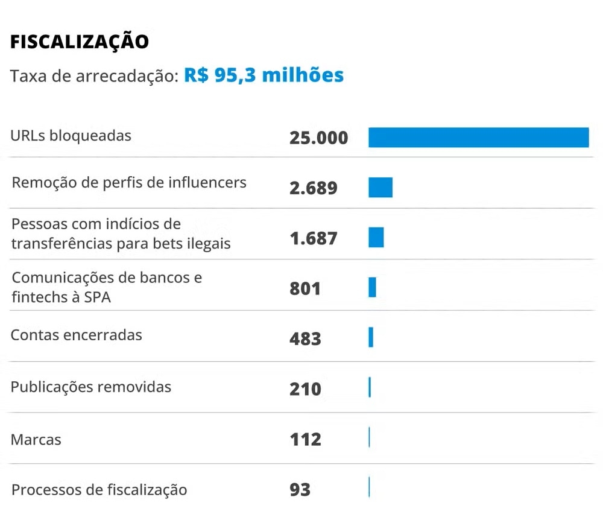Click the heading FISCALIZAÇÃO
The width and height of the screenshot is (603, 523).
(80, 41)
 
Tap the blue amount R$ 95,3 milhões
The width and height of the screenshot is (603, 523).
(264, 75)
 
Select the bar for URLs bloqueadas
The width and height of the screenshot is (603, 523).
(478, 138)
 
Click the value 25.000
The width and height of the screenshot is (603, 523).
(318, 138)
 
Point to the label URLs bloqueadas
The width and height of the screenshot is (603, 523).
(71, 136)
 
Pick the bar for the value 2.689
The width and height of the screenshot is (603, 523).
(380, 188)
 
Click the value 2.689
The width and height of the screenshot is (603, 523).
(313, 188)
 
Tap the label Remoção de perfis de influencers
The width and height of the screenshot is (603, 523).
(129, 182)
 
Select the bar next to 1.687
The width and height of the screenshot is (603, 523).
(376, 238)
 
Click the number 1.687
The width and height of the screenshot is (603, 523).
(313, 238)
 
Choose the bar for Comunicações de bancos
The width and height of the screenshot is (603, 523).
(372, 288)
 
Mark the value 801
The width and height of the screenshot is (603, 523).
(305, 289)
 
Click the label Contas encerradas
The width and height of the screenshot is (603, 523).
(77, 335)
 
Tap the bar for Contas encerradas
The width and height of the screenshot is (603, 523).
(371, 337)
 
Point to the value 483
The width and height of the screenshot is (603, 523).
(305, 339)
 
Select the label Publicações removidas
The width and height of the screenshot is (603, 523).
(91, 387)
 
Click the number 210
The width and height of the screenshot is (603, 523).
(305, 389)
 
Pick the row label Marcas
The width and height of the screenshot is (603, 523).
(36, 440)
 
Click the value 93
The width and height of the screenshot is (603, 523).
(300, 489)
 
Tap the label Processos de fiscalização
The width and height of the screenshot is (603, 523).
(99, 490)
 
